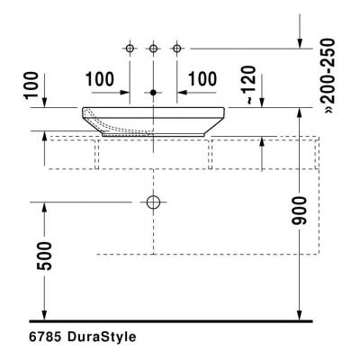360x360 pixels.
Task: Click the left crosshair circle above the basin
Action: pos(130,46)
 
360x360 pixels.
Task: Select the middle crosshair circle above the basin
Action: pos(154,46)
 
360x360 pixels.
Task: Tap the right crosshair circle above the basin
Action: pos(176,46)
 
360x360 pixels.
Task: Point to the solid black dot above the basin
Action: pos(154,92)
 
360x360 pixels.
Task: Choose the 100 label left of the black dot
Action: pos(101,79)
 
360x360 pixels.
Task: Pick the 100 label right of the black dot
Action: pos(203,79)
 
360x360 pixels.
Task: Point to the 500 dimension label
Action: pos(46,256)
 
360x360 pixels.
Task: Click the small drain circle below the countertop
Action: pos(154,201)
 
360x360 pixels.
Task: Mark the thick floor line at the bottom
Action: pos(171,320)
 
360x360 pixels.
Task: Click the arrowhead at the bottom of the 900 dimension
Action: pos(300,314)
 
